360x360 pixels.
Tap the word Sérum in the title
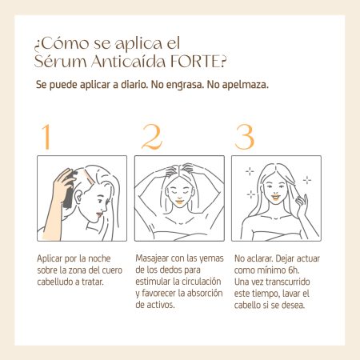click(x=61, y=61)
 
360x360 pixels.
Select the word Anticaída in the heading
click(x=128, y=62)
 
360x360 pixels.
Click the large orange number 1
click(x=46, y=137)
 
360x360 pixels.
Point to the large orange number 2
click(x=151, y=137)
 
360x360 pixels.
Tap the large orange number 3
click(x=245, y=137)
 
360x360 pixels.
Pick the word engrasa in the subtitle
click(x=185, y=85)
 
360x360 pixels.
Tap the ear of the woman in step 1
click(x=78, y=197)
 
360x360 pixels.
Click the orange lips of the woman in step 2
click(x=179, y=202)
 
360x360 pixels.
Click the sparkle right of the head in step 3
click(x=307, y=180)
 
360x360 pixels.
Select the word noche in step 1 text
click(x=99, y=258)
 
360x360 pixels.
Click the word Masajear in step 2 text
click(x=152, y=258)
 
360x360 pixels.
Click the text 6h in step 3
click(x=293, y=270)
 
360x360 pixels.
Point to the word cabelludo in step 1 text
click(x=54, y=282)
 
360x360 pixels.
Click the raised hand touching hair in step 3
click(x=301, y=205)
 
